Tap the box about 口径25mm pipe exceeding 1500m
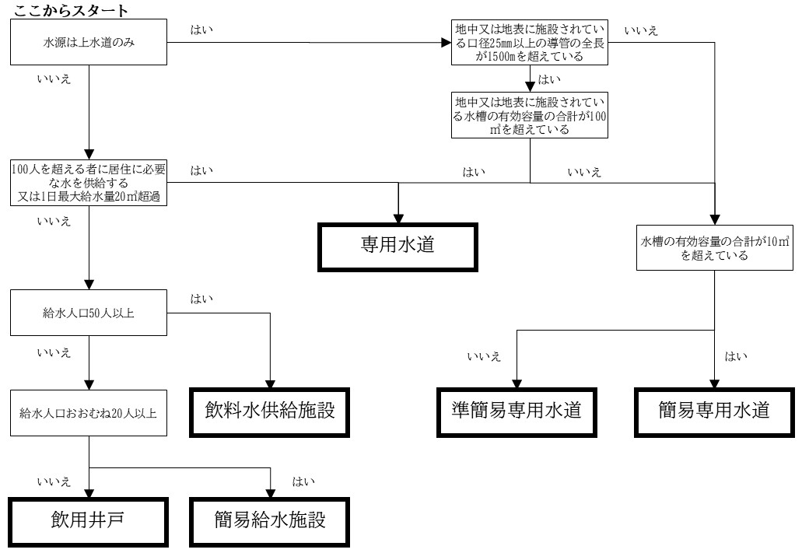point(530,44)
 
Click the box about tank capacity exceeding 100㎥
point(530,115)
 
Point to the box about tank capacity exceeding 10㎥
point(714,248)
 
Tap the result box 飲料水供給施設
point(269,411)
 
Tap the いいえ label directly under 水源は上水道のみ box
point(54,79)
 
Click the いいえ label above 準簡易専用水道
point(484,357)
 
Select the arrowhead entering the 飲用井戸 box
point(89,493)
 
